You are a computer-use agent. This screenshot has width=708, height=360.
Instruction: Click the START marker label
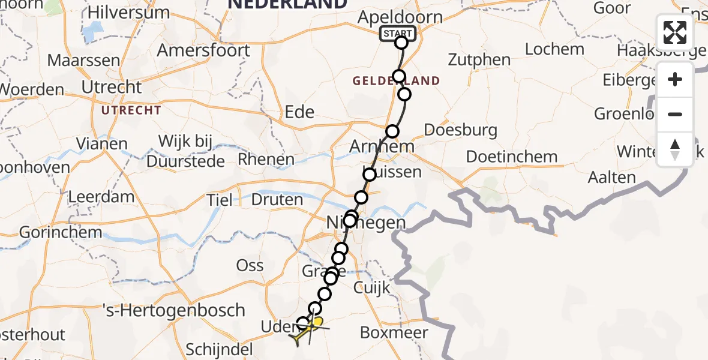click(x=397, y=34)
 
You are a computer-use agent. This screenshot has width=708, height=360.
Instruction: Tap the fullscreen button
click(x=675, y=32)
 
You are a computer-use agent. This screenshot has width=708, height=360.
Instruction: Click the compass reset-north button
click(x=675, y=149)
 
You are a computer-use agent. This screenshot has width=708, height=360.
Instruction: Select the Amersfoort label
click(x=203, y=50)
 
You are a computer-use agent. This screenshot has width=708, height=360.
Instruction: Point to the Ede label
click(x=300, y=112)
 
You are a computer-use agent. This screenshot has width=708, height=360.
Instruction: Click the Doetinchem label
click(x=512, y=157)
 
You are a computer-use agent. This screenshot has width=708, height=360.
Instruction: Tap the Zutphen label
click(x=479, y=60)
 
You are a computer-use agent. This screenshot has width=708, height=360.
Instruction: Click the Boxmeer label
click(x=394, y=332)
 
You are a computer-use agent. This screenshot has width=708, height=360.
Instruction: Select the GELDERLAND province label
click(x=396, y=80)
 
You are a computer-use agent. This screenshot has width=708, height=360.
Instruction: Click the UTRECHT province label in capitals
click(x=131, y=110)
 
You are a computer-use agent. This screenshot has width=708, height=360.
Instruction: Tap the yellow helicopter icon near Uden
click(x=309, y=330)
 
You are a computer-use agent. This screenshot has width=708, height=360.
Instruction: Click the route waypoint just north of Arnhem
click(x=392, y=131)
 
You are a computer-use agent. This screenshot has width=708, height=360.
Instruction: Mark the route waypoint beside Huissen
click(x=369, y=175)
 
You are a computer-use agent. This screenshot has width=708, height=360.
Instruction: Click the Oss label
click(x=250, y=265)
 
